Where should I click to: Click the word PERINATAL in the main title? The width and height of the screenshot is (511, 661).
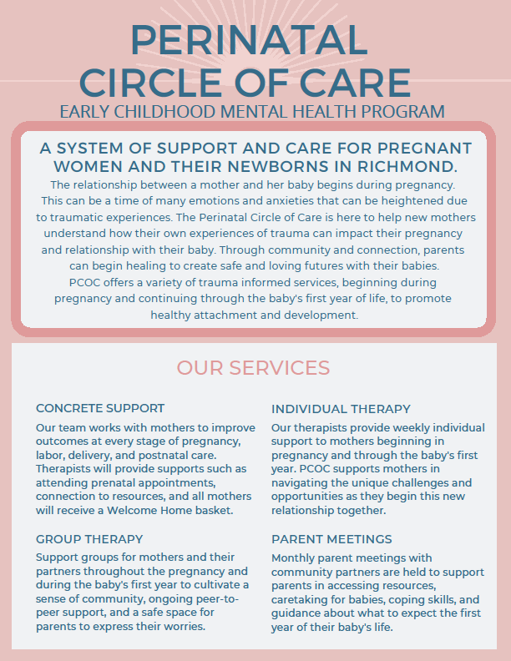point(249,40)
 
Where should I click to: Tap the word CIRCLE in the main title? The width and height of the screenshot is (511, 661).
point(150,83)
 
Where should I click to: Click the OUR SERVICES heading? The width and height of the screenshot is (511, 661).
point(253,368)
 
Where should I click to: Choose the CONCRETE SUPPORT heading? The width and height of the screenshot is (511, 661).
point(100,408)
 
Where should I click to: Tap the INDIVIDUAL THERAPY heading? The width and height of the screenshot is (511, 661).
point(341,409)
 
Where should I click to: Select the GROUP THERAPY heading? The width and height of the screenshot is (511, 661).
point(89,539)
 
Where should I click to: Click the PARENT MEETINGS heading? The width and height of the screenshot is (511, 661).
point(331,539)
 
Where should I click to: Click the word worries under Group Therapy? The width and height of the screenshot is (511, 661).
point(185,627)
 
